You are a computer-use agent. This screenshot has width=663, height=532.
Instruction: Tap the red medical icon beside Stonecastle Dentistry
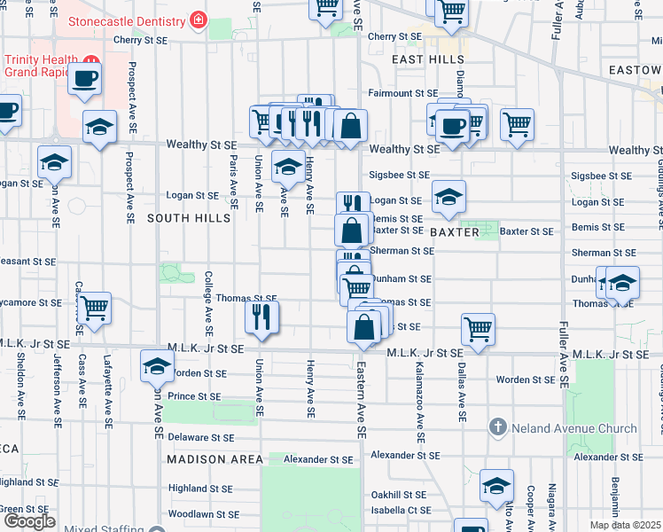click(198, 20)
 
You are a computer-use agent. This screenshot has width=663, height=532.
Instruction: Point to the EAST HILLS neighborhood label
click(423, 59)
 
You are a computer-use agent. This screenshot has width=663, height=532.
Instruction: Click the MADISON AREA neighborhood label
click(215, 459)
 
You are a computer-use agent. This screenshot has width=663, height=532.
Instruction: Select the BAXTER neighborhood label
click(455, 232)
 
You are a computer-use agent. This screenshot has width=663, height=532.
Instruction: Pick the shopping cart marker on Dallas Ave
click(478, 329)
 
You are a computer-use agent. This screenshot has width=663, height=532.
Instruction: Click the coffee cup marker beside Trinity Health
click(86, 78)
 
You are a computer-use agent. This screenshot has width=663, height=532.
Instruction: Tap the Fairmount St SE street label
click(403, 93)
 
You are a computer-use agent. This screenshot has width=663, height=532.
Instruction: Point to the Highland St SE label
click(200, 489)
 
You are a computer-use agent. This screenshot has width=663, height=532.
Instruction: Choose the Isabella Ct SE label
click(401, 511)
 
